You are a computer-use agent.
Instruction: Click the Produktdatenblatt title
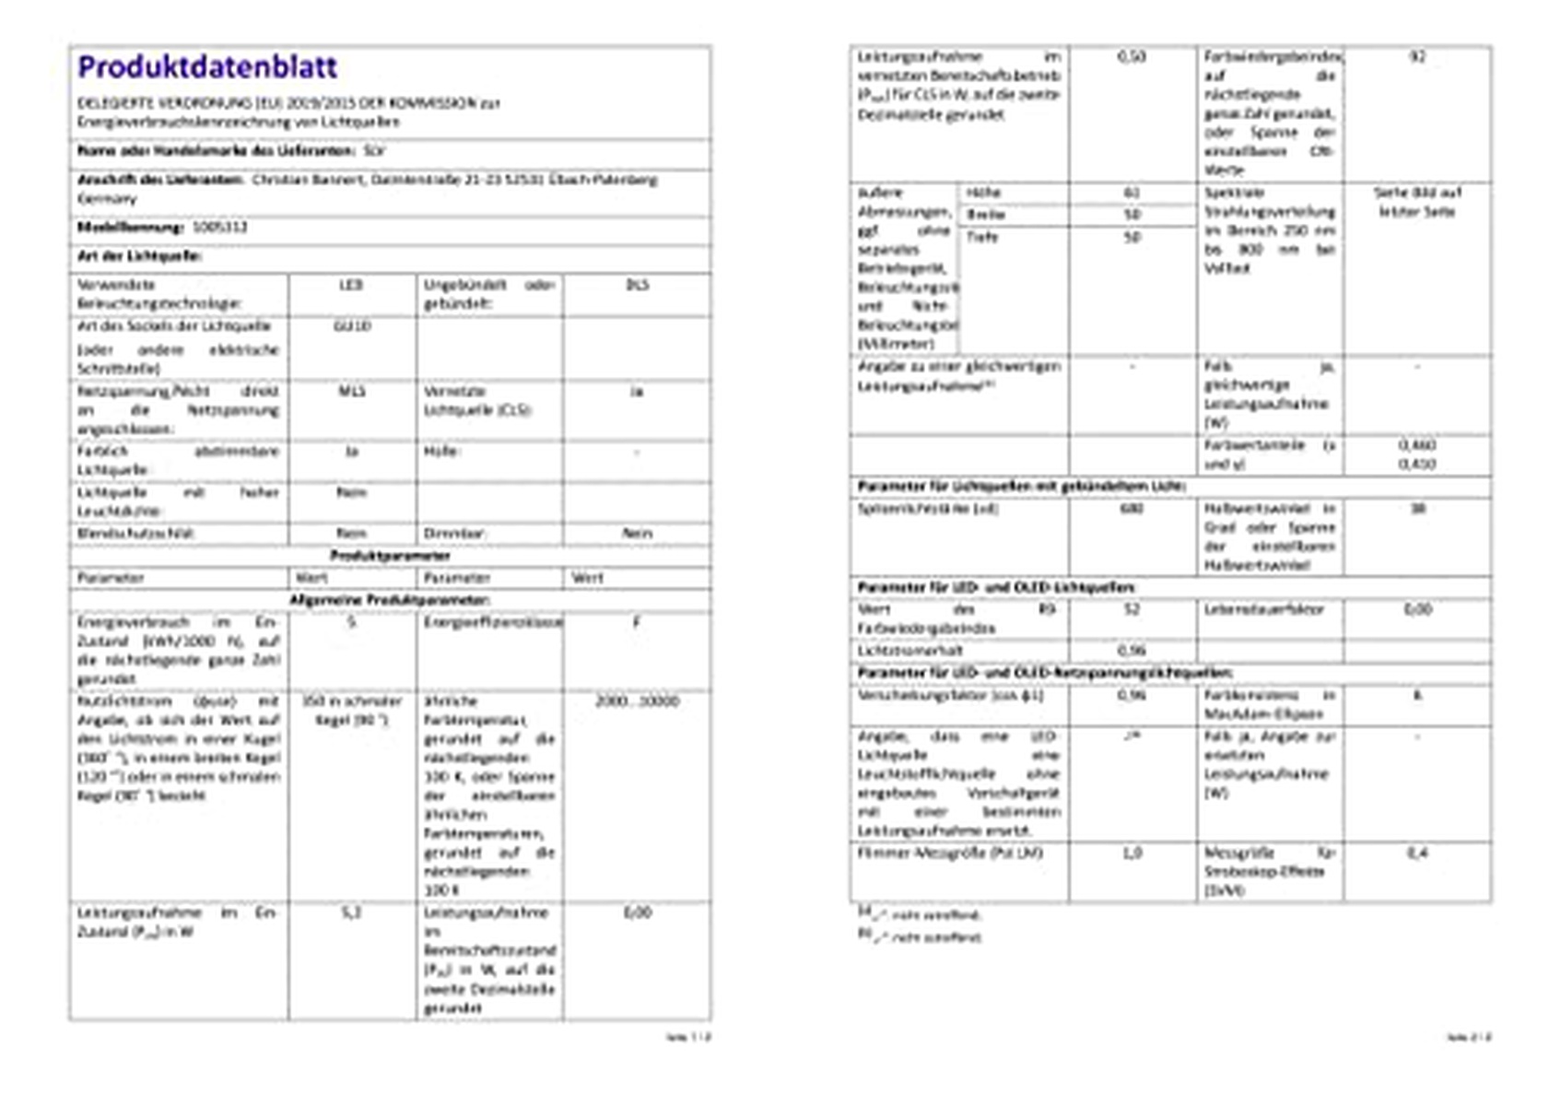207,66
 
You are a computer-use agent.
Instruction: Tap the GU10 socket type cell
352,326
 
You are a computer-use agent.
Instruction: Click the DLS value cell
637,286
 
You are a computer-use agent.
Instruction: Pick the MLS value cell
352,392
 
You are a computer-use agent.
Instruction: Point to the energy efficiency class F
637,622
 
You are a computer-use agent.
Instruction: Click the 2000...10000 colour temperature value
637,701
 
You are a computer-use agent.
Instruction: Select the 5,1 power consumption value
352,912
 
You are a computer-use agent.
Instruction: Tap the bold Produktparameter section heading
390,556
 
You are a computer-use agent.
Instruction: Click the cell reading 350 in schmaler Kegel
352,711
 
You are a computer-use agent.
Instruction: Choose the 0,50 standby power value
1132,57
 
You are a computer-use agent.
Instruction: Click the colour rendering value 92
1417,57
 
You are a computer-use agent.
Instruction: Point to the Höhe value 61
1132,194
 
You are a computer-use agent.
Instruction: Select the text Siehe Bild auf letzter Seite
1417,203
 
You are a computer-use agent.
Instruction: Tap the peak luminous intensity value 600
1132,509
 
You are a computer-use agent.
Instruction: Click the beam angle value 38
1417,509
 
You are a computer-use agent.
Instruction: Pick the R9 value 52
1132,609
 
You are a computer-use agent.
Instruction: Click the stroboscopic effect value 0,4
1417,853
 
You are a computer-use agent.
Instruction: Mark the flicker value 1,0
1132,853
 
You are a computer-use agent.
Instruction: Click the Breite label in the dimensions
985,215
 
